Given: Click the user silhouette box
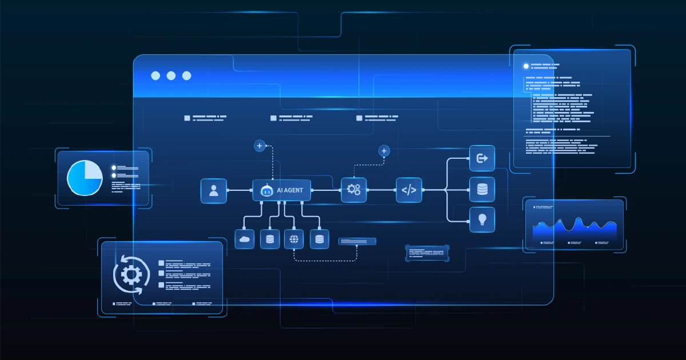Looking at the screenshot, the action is (x=214, y=191).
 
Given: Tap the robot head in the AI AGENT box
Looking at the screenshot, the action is (x=265, y=191).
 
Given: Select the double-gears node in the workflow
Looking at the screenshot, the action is (x=354, y=190).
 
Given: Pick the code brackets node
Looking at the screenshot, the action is (x=409, y=190).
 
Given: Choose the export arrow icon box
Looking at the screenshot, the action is (x=482, y=158).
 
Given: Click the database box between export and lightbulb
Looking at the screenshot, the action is (x=482, y=190).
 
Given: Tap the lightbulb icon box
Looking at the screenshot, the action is (x=482, y=219).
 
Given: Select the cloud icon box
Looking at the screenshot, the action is (x=245, y=239).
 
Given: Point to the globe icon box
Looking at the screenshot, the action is (x=294, y=239).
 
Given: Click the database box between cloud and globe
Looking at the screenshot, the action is (x=269, y=239).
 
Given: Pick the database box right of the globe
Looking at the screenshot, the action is (x=320, y=239).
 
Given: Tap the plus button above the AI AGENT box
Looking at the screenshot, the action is (x=260, y=146).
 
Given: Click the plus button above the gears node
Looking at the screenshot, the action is (x=384, y=151).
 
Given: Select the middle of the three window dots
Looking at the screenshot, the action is (x=171, y=76).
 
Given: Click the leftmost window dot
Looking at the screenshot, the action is (x=155, y=76).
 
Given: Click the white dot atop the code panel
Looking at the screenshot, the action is (x=526, y=66).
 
